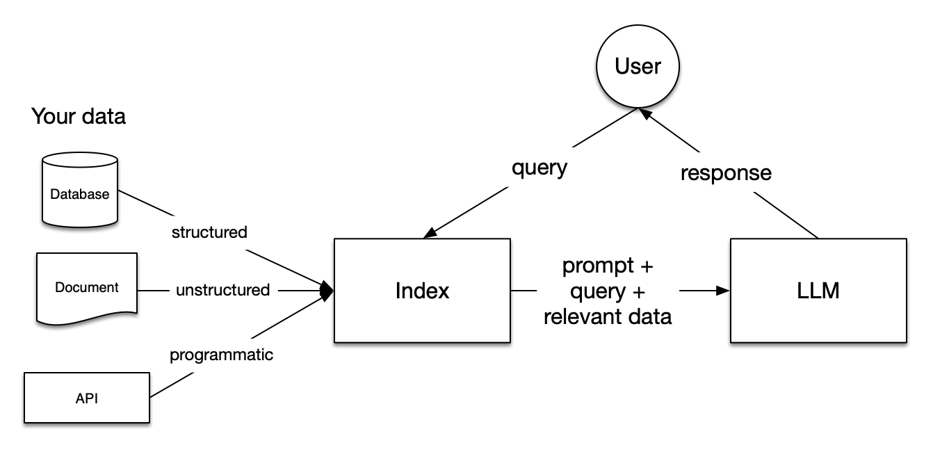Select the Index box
pyautogui.click(x=422, y=291)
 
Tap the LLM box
pyautogui.click(x=818, y=291)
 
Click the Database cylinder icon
pyautogui.click(x=79, y=190)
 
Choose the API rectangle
pyautogui.click(x=87, y=398)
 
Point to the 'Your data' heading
pyautogui.click(x=79, y=117)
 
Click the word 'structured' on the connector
pyautogui.click(x=209, y=232)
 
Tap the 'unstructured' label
pyautogui.click(x=222, y=290)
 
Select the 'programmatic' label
pyautogui.click(x=222, y=355)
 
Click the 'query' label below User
pyautogui.click(x=539, y=168)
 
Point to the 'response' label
pyautogui.click(x=726, y=172)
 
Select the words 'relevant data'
pyautogui.click(x=608, y=317)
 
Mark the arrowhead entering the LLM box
pyautogui.click(x=723, y=291)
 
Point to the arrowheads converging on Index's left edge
pyautogui.click(x=327, y=290)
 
